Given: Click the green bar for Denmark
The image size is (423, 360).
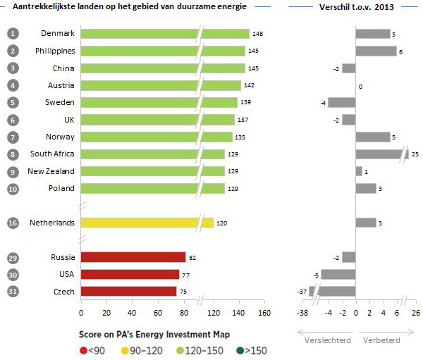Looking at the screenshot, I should click(x=165, y=34).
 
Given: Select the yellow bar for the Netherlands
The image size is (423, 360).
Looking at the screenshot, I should click(x=147, y=223).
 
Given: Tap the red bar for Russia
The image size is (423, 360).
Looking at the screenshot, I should click(x=133, y=257).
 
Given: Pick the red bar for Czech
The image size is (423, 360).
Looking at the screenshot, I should click(x=129, y=291).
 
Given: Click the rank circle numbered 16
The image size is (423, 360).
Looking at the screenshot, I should click(x=13, y=223).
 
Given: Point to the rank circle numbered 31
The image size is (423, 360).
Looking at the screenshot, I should click(x=13, y=291).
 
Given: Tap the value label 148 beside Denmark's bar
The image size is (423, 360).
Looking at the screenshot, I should click(x=258, y=34).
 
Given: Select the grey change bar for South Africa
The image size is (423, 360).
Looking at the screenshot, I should click(x=381, y=154).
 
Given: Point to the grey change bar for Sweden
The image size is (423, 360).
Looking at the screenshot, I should click(x=342, y=102).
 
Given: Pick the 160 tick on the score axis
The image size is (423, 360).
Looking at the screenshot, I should click(x=264, y=312).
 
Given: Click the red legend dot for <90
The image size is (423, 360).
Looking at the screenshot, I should click(x=85, y=349).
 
